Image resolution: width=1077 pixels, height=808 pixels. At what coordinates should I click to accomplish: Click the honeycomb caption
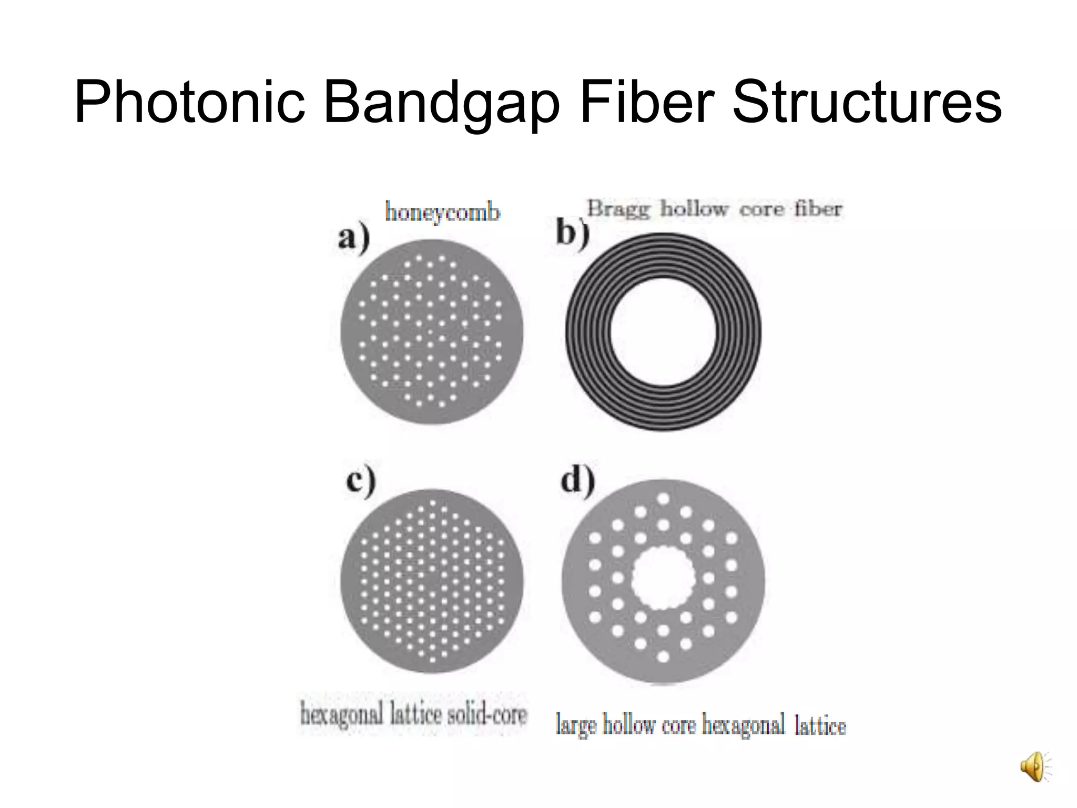coord(442,213)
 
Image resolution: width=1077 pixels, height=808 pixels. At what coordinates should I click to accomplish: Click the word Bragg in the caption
coord(619,209)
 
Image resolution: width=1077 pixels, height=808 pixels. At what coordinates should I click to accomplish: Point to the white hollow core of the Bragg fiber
coord(663,332)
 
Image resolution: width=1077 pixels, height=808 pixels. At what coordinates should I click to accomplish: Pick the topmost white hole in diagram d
coord(663,498)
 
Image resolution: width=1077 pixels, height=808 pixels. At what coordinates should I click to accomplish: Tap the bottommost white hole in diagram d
coord(663,656)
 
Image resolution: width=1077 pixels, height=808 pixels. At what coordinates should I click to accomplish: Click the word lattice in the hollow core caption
coord(820,726)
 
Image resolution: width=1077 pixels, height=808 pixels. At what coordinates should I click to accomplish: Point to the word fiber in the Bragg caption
coord(818,209)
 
